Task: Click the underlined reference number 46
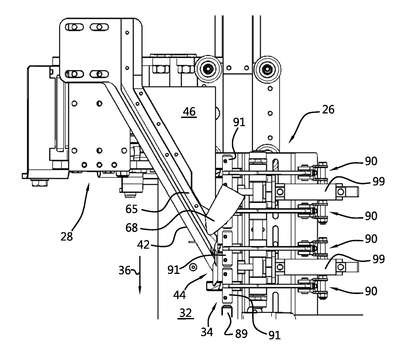tap(189, 112)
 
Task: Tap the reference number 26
tap(328, 109)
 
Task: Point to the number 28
tap(67, 236)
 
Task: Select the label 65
tap(132, 209)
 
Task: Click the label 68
tap(132, 228)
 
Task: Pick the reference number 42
tap(143, 245)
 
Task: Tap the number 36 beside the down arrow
tap(125, 270)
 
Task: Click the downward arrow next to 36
tap(140, 275)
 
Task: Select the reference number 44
tap(179, 294)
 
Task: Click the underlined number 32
tap(186, 313)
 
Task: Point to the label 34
tap(207, 332)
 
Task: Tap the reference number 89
tap(241, 333)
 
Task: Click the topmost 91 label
tap(239, 122)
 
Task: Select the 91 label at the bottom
tap(274, 335)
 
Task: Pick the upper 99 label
tap(378, 181)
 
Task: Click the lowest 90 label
tap(371, 291)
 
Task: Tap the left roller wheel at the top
tap(208, 70)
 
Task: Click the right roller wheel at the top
tap(267, 70)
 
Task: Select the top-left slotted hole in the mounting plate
tap(75, 27)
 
